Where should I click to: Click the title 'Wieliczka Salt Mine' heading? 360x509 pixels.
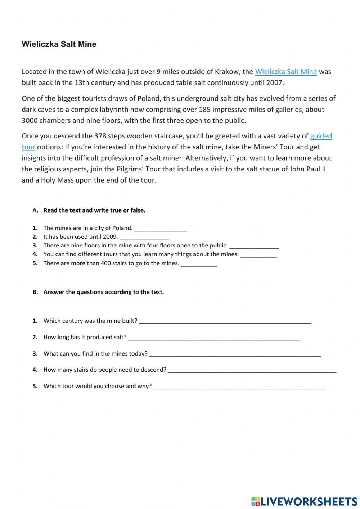click(x=59, y=44)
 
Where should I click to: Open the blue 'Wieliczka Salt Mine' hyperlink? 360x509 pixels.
click(x=286, y=72)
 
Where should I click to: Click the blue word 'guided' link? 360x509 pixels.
click(x=321, y=136)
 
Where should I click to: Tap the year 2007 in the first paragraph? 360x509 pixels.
click(x=275, y=83)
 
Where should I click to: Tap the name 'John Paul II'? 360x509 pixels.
click(x=307, y=169)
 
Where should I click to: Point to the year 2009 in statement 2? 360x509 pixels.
click(x=111, y=237)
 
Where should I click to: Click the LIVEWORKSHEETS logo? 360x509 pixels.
click(x=305, y=501)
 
